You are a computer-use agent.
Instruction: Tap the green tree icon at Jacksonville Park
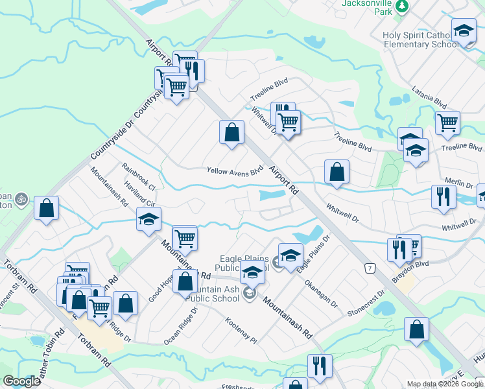click(x=403, y=6)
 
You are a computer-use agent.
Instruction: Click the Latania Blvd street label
click(x=430, y=99)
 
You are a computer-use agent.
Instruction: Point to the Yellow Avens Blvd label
click(x=235, y=171)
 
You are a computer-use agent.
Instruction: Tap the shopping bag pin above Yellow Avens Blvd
click(x=231, y=133)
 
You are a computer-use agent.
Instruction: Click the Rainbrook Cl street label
click(x=138, y=176)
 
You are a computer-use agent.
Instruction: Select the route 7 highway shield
click(x=370, y=268)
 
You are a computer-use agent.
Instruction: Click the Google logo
click(x=21, y=381)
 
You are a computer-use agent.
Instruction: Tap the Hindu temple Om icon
click(x=21, y=198)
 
